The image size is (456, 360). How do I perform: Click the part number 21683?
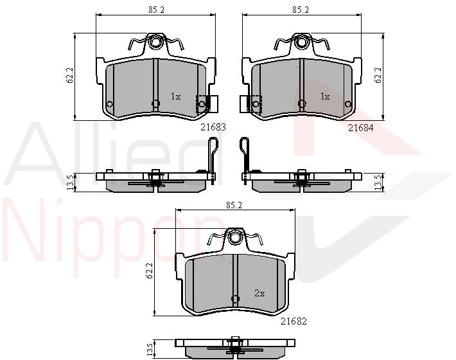click(x=213, y=127)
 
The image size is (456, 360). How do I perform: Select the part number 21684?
click(x=360, y=127)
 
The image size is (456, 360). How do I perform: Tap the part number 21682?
click(x=294, y=321)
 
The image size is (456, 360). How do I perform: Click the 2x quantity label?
click(x=259, y=293)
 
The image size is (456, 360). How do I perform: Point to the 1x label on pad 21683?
click(x=175, y=96)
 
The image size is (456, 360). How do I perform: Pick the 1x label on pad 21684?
click(x=325, y=96)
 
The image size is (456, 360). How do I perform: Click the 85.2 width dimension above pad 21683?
click(x=157, y=10)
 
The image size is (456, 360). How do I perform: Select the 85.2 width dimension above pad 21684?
click(x=301, y=10)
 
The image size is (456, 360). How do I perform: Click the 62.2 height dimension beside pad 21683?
click(x=70, y=76)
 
